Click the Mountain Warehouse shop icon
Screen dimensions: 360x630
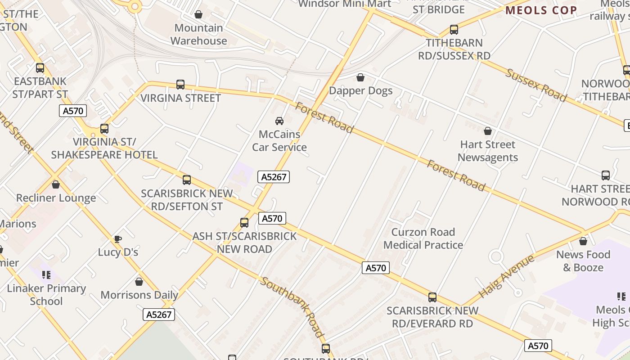[198, 15]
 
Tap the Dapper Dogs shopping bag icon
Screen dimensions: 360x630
[360, 77]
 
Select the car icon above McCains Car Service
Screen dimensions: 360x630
[279, 121]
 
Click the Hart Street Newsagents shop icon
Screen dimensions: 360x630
[488, 131]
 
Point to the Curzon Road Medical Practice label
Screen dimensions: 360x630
[423, 238]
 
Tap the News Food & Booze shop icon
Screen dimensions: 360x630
[583, 241]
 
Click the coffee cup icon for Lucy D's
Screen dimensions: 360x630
[117, 239]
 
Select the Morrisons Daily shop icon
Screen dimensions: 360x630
[139, 282]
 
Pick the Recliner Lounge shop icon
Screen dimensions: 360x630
[56, 184]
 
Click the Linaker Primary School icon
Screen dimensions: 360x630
[46, 274]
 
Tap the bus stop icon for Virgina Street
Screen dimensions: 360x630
[180, 84]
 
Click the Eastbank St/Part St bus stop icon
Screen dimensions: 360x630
[40, 68]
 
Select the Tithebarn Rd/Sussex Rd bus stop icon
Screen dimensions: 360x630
[454, 30]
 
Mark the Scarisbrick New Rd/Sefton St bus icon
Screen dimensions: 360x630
[187, 180]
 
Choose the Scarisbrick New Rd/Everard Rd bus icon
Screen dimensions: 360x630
[432, 297]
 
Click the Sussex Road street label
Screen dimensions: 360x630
[536, 85]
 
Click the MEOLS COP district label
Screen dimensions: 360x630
[541, 10]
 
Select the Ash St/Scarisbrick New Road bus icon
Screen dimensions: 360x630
[244, 223]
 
